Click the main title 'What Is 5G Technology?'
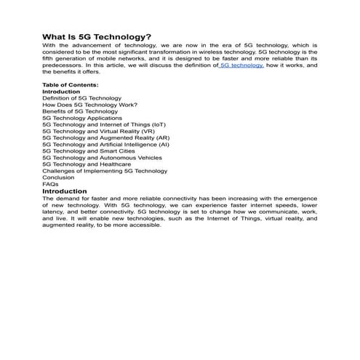(x=97, y=36)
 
